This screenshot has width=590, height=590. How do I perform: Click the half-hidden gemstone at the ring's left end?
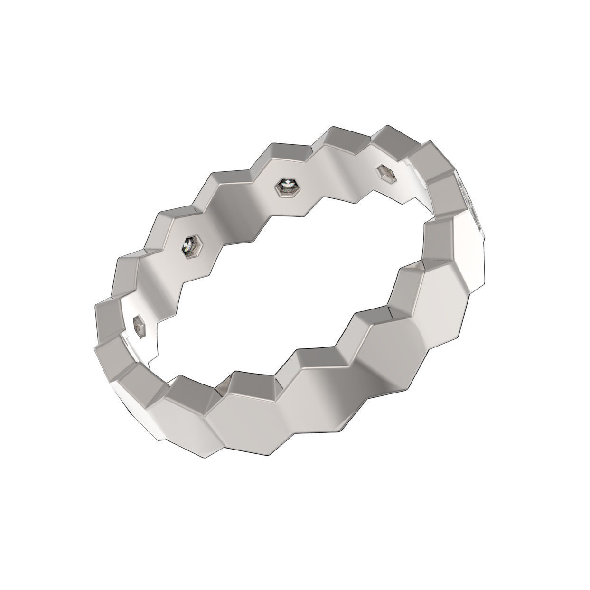(139, 327)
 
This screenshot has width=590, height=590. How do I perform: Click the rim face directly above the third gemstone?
(285, 152)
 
